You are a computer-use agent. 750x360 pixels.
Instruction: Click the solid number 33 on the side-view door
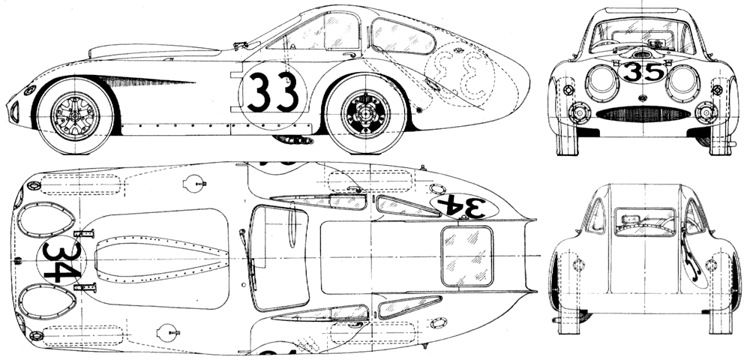pos(273,91)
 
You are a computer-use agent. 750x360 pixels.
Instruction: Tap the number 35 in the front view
pos(643,72)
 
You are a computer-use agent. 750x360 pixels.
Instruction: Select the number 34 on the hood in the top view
pos(61,261)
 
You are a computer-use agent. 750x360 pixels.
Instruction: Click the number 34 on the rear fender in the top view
pos(462,206)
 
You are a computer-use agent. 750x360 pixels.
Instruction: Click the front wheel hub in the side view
pos(75,116)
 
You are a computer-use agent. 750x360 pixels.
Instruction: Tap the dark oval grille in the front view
pos(643,114)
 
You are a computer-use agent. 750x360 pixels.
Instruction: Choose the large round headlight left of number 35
pos(602,82)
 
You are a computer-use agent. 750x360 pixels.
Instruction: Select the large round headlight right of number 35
pos(683,82)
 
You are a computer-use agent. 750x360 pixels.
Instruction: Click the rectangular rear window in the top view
pos(466,256)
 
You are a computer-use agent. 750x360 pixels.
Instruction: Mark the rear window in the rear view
pos(644,222)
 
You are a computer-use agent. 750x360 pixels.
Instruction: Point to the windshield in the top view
pos(277,258)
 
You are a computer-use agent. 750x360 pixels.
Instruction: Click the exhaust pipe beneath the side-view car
pos(292,139)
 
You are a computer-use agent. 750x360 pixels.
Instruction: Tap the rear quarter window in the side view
pos(402,36)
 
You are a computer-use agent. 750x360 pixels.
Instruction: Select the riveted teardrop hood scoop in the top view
pos(161,259)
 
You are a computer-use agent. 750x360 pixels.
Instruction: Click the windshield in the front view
pos(642,35)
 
